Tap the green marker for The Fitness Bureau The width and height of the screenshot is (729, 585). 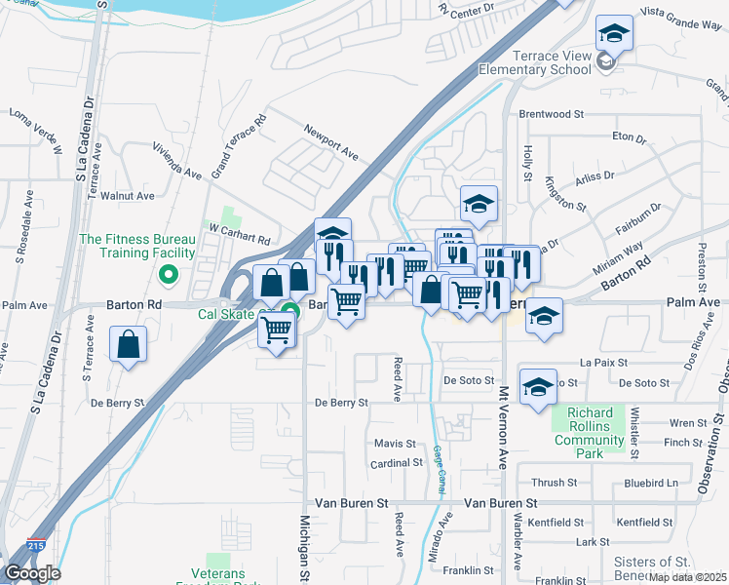(x=169, y=275)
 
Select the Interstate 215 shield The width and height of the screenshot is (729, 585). (x=36, y=548)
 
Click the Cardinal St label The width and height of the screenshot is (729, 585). (x=395, y=463)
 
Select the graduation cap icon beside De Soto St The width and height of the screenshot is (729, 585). (x=537, y=386)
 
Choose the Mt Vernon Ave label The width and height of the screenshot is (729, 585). (x=504, y=429)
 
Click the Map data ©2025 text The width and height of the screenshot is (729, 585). (x=688, y=577)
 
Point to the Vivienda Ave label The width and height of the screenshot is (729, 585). (x=176, y=161)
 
